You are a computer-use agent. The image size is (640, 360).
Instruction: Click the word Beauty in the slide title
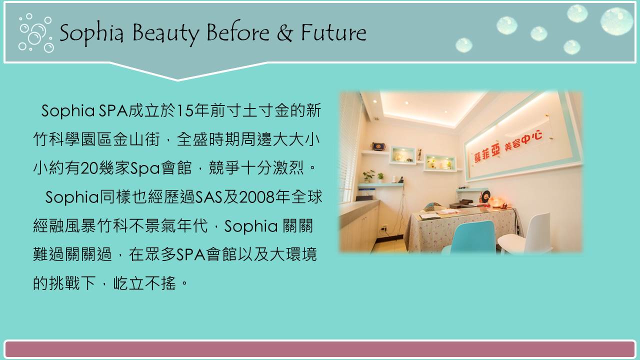click(x=165, y=33)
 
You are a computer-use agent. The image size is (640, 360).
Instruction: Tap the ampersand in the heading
click(x=284, y=32)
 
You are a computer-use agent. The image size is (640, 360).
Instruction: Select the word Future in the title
click(x=333, y=32)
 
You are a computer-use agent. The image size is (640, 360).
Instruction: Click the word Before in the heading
click(x=237, y=32)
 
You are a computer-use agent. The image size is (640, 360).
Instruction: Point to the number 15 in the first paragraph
click(x=185, y=110)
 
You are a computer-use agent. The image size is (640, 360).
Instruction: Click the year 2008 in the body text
click(x=255, y=197)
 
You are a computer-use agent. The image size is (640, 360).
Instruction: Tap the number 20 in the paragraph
click(x=89, y=168)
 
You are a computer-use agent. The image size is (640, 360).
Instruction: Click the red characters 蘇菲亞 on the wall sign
click(x=487, y=154)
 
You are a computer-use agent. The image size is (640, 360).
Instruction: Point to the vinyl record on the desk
click(x=485, y=196)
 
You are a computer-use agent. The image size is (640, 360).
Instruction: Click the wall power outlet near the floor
click(x=383, y=228)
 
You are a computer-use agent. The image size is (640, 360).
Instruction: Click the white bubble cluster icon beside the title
click(x=35, y=33)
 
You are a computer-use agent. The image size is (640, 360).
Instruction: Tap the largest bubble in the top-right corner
click(x=617, y=21)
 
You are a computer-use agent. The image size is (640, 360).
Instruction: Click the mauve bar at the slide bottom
click(x=320, y=349)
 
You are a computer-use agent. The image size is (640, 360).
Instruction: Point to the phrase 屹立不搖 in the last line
click(x=144, y=283)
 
